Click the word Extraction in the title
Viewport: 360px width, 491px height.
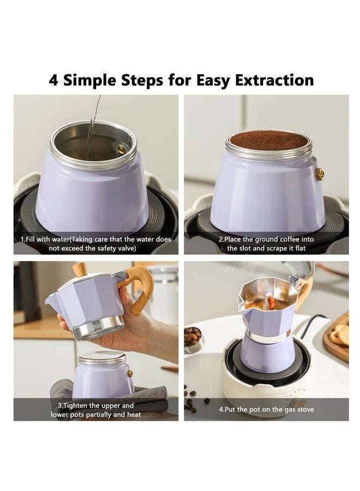click(x=274, y=80)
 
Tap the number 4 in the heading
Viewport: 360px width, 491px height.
click(x=53, y=80)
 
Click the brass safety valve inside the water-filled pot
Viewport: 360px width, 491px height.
click(x=122, y=148)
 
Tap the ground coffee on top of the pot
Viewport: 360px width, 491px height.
click(x=268, y=140)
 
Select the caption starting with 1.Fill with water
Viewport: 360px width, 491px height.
click(x=96, y=243)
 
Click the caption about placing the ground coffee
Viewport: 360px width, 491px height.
click(x=266, y=243)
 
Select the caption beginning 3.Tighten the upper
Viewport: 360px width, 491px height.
click(x=96, y=410)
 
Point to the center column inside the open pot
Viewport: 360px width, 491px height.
click(x=268, y=303)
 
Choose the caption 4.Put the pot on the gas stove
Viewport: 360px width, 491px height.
click(x=266, y=409)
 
